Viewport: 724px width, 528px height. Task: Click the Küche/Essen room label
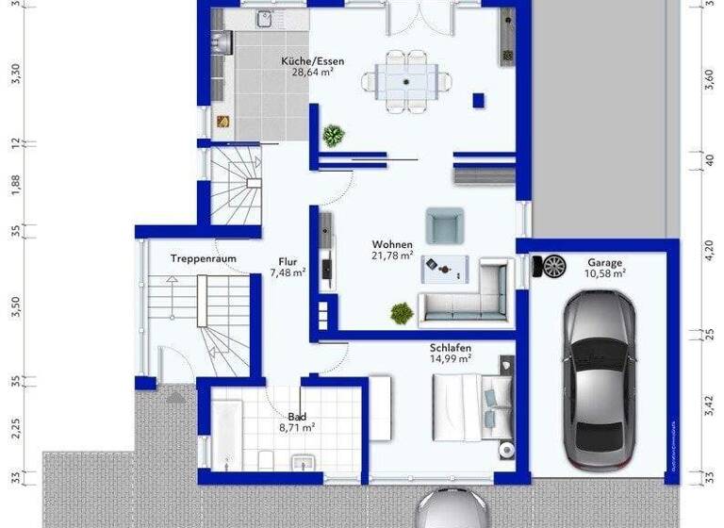(312, 61)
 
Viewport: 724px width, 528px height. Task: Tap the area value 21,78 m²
(392, 256)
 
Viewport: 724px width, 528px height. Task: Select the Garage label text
(604, 262)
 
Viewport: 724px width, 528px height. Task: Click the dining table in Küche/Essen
(406, 81)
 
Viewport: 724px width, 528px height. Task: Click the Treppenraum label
(203, 258)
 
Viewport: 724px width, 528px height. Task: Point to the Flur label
(288, 262)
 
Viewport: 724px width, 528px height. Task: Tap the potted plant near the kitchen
(333, 136)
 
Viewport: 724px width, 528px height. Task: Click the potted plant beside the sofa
(401, 311)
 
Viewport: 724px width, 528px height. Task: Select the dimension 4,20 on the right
(709, 249)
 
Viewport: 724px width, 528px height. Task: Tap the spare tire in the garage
(551, 267)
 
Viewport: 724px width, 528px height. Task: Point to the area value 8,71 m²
(296, 427)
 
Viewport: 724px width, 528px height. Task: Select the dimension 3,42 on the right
(709, 404)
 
